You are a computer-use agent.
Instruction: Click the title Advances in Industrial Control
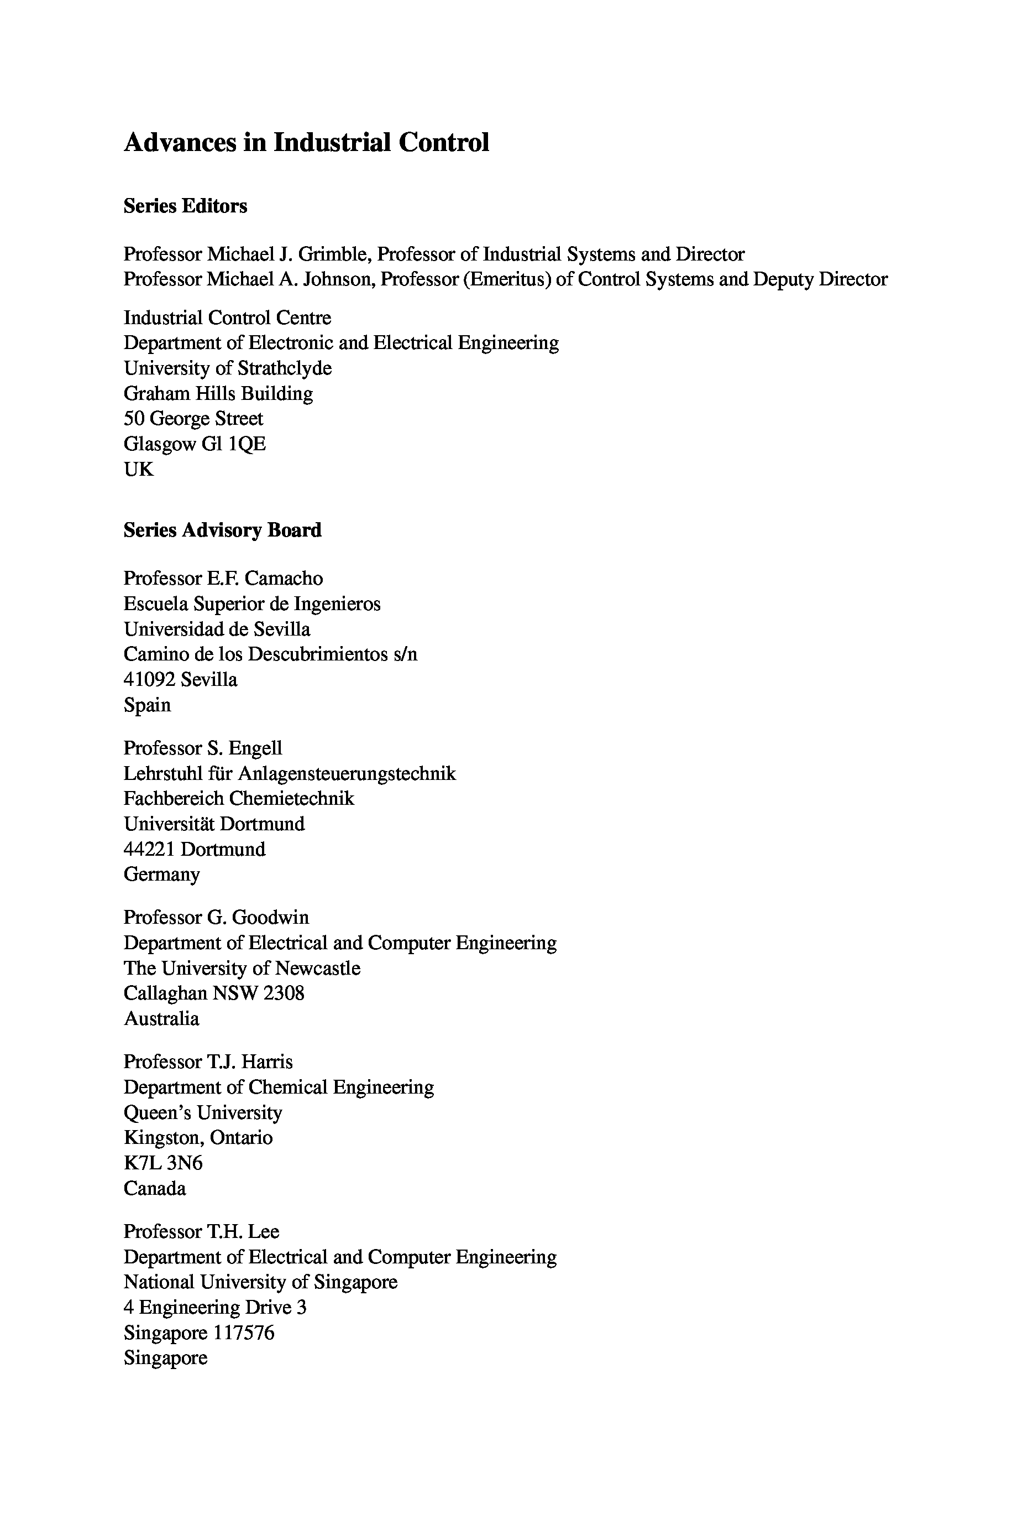(x=306, y=143)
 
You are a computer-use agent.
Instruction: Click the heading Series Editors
(x=185, y=206)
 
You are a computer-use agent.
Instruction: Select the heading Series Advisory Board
(x=222, y=530)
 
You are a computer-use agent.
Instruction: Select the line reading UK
(x=139, y=470)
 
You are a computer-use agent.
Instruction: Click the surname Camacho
(x=284, y=578)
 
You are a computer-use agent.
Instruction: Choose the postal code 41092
(x=149, y=679)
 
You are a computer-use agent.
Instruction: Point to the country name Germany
(x=161, y=875)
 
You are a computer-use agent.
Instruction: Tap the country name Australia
(x=161, y=1018)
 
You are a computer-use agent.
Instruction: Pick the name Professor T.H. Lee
(x=201, y=1231)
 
